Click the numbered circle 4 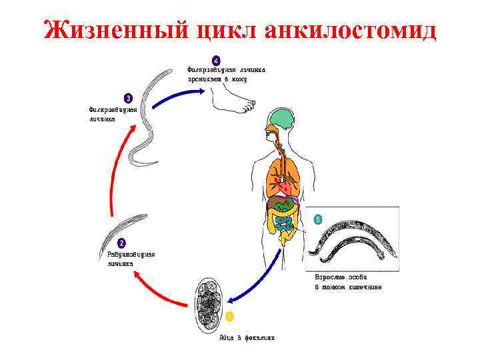tap(215, 58)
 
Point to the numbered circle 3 tap(128, 98)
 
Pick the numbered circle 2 tap(121, 243)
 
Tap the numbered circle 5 tap(317, 219)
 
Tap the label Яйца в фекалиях tap(247, 337)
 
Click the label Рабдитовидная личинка tap(131, 258)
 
